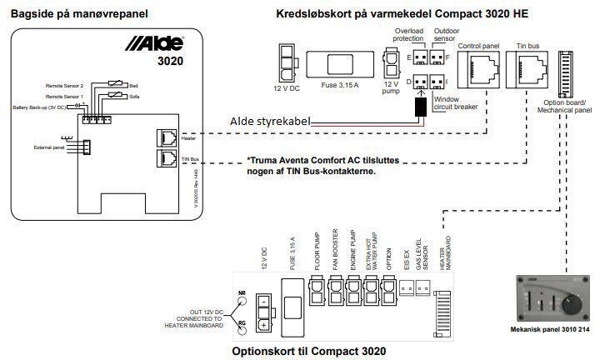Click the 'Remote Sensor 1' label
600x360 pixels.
64,97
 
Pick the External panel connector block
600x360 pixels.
86,147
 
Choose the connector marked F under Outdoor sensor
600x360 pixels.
440,57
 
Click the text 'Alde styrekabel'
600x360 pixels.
269,122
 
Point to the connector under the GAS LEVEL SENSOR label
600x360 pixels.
421,287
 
